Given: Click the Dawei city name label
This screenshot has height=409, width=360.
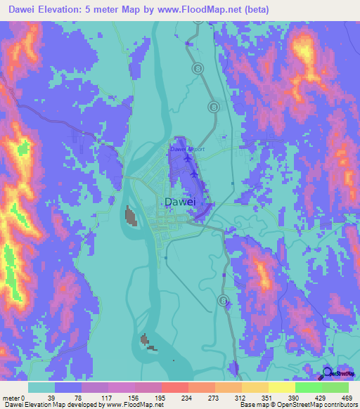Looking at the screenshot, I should [179, 202].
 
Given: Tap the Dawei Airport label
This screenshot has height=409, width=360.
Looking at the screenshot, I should [187, 149].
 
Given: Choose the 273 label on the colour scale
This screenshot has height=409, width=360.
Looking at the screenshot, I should [216, 398].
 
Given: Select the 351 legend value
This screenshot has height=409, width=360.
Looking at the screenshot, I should [269, 398].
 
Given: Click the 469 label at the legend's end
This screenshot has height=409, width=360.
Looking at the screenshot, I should [347, 398].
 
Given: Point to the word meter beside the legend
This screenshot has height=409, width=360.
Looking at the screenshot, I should [11, 398].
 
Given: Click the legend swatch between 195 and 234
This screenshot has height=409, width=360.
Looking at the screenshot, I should [175, 387].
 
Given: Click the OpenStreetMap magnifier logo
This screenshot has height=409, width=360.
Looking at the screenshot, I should [328, 374].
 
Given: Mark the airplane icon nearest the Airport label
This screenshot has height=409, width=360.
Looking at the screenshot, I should [188, 159].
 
